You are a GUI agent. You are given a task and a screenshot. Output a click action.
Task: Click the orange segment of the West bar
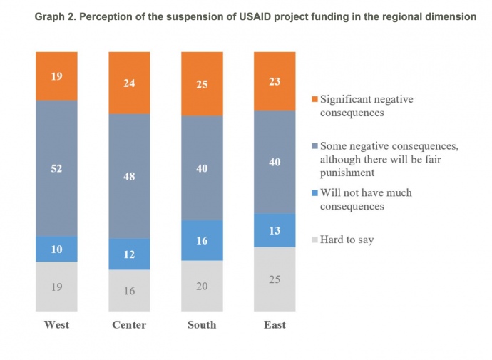[x=56, y=76]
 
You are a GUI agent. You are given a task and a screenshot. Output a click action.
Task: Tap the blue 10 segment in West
[x=56, y=249]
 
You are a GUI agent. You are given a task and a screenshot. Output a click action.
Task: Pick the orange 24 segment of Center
[x=129, y=83]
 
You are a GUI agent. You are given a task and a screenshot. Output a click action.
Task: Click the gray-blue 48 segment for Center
[x=129, y=176]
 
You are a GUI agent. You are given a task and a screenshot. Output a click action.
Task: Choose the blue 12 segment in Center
[x=129, y=254]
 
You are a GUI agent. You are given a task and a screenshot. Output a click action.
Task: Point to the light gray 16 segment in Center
[x=129, y=290]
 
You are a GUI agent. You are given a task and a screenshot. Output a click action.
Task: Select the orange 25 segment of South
[x=202, y=83]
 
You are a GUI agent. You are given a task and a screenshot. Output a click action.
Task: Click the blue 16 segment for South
[x=202, y=240]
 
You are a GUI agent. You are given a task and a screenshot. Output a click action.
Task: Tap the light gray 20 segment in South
[x=202, y=285]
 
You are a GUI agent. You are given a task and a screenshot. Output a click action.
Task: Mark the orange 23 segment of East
[x=275, y=81]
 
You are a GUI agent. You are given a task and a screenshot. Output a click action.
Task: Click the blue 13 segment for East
[x=275, y=230]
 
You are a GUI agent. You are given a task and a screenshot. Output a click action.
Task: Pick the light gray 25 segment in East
[x=275, y=279]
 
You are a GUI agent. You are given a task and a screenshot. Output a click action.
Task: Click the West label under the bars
[x=56, y=325]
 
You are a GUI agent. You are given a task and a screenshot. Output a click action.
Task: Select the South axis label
[x=202, y=325]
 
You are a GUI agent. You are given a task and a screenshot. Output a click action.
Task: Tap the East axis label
[x=275, y=325]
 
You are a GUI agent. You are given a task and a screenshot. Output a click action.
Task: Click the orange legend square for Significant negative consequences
[x=314, y=100]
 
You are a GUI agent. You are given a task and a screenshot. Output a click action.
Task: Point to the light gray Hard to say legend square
[x=314, y=240]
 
